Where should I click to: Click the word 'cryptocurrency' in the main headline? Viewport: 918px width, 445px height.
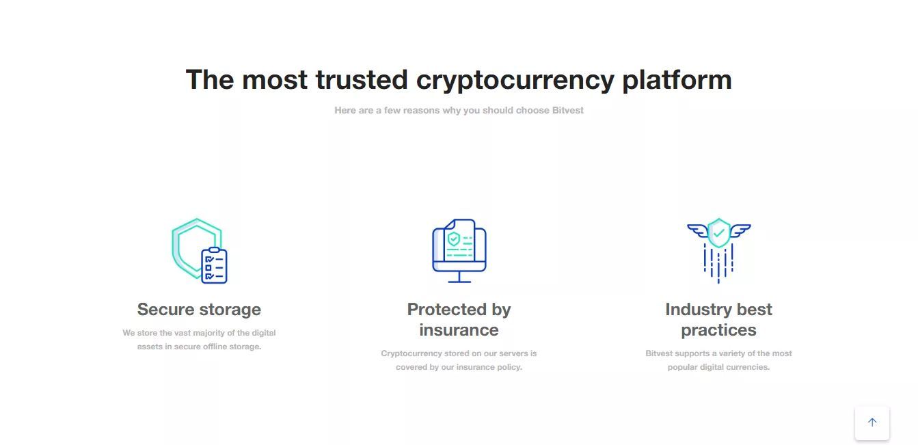click(515, 80)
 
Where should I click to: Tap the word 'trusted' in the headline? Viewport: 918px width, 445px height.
click(362, 79)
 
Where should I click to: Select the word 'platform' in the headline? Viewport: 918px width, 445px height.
click(677, 80)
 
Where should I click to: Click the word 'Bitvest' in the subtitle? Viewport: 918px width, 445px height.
click(567, 110)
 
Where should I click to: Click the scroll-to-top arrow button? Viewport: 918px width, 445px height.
click(872, 422)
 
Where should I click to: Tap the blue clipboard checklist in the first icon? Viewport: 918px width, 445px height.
click(214, 265)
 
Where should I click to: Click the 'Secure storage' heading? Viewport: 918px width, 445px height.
click(199, 310)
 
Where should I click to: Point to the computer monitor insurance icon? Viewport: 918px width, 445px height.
click(459, 250)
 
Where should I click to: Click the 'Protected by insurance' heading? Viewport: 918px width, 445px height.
click(459, 320)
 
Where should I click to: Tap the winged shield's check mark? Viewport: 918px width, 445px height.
click(719, 232)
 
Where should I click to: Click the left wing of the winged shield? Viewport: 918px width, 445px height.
click(697, 230)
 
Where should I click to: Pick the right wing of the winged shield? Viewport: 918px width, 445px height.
click(740, 230)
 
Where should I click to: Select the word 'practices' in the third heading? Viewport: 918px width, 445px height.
click(719, 330)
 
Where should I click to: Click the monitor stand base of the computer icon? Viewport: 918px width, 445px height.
click(459, 282)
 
